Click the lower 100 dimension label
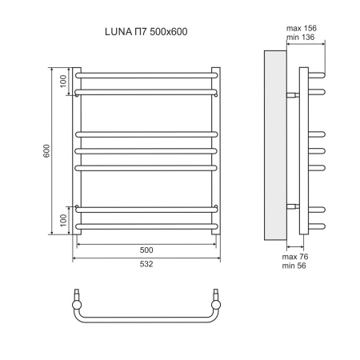click(62, 219)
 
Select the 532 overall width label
click(146, 264)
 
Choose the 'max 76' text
click(295, 257)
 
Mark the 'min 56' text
click(295, 266)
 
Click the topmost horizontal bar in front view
click(146, 75)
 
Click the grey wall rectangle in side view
click(274, 148)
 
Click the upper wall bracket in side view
click(293, 94)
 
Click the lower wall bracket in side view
click(293, 206)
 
